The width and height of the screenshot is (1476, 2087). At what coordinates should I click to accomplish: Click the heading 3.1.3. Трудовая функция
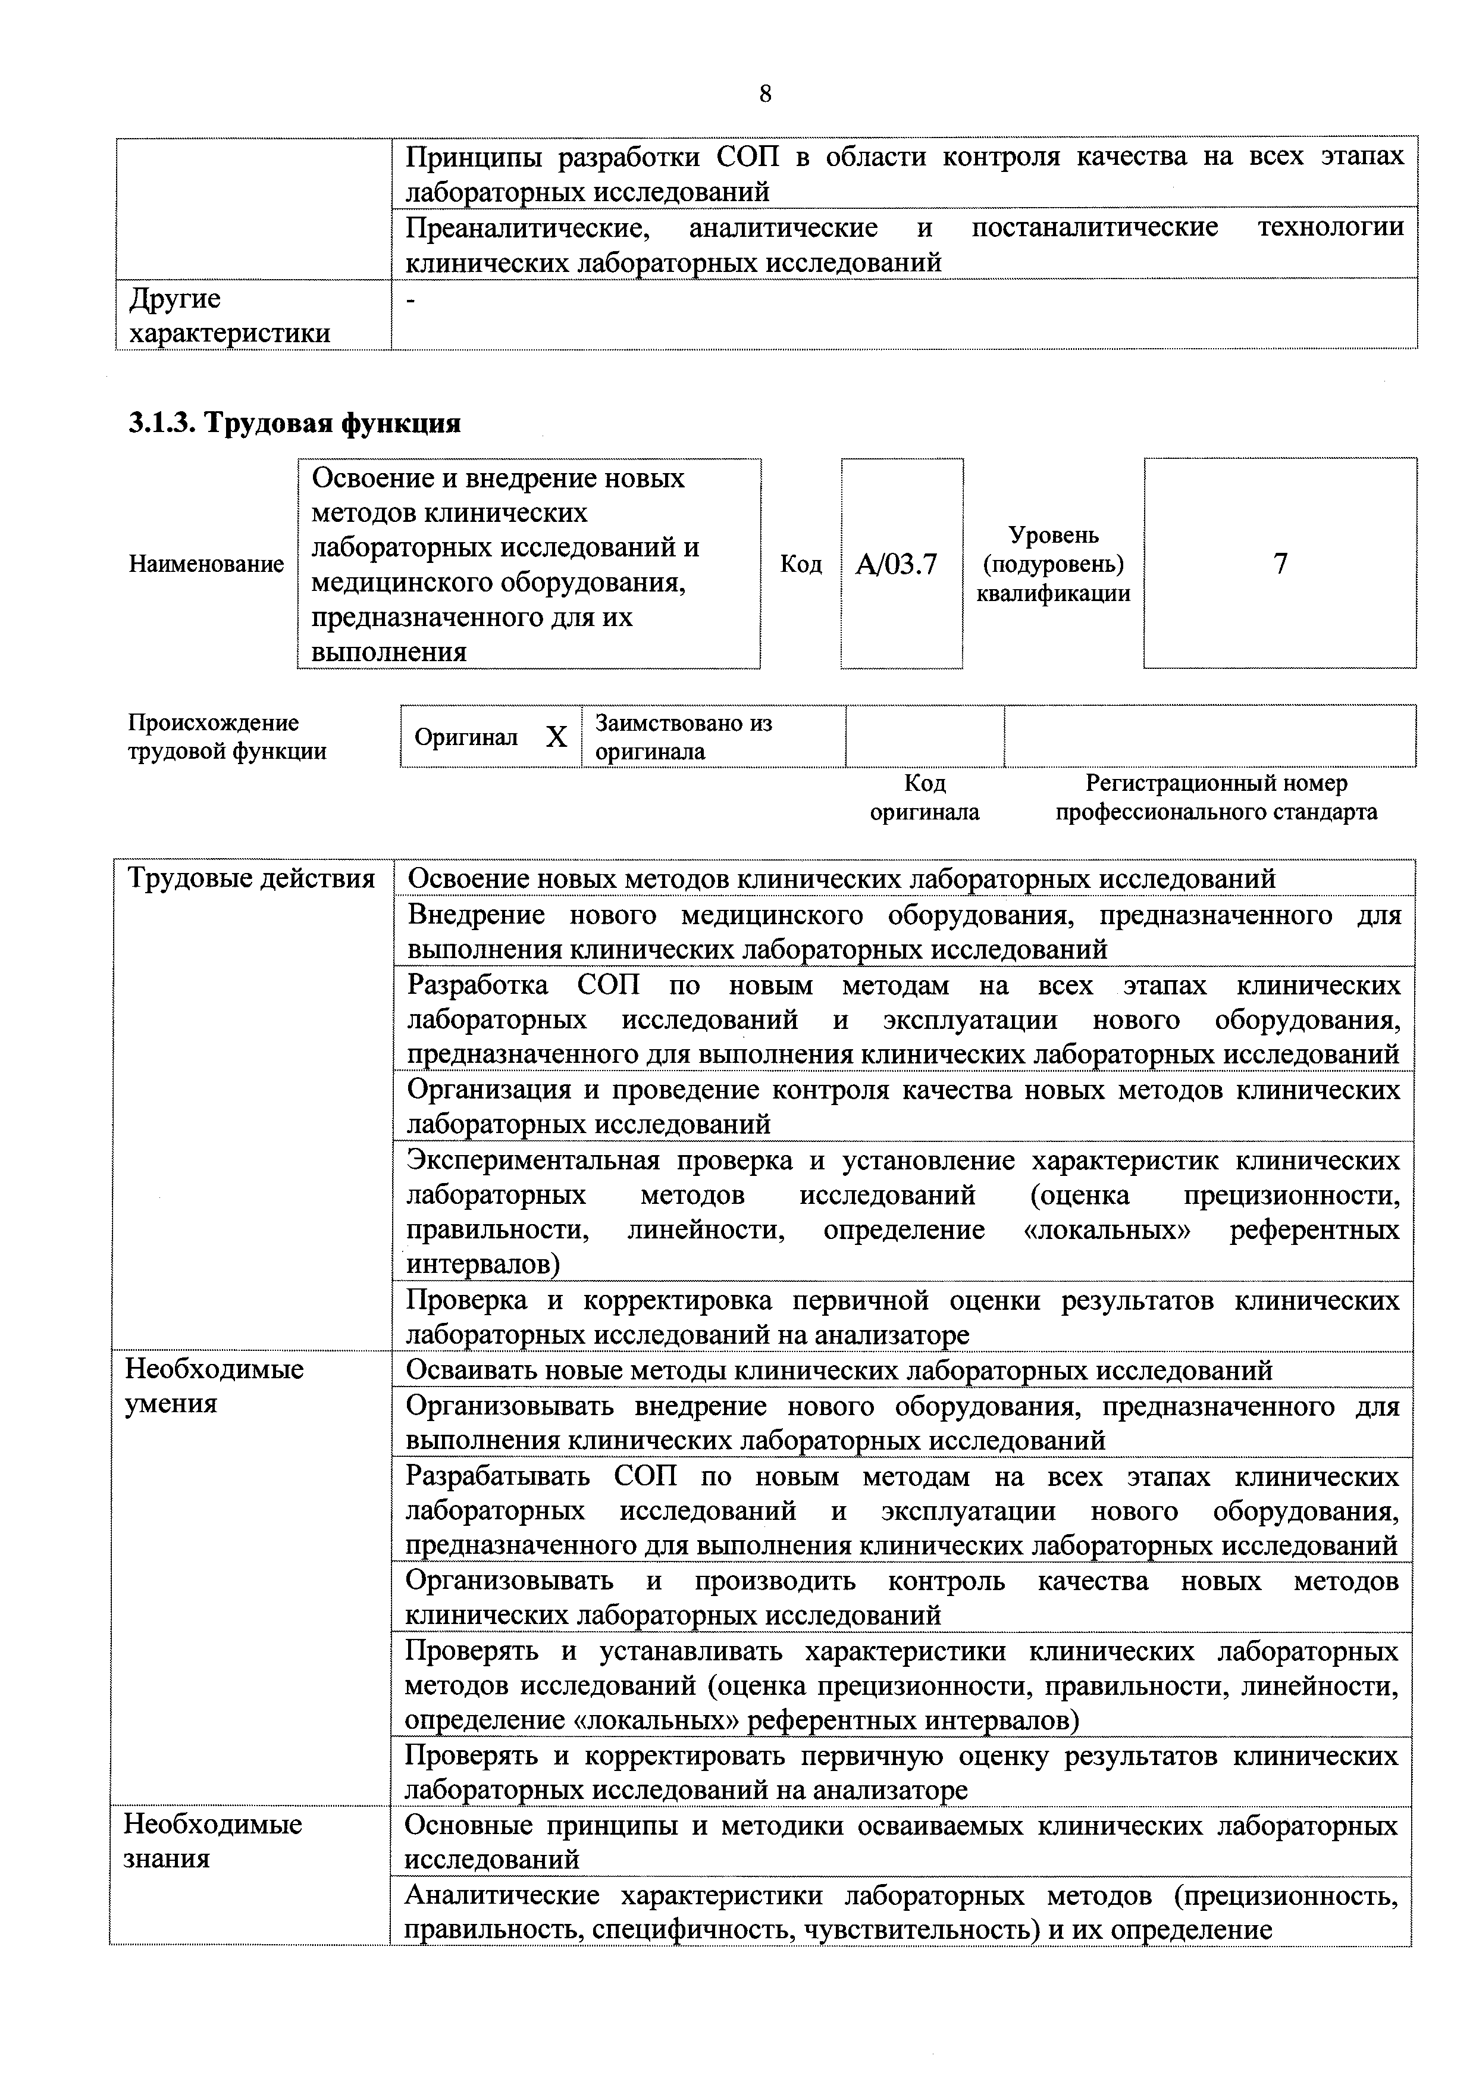294,423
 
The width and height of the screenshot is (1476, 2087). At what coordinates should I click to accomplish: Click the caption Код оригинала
925,797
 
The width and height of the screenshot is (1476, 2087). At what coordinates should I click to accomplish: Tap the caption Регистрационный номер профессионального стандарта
1216,797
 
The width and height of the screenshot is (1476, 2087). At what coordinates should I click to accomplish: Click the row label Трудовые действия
251,879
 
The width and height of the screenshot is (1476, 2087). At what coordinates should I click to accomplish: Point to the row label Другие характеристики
229,315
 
